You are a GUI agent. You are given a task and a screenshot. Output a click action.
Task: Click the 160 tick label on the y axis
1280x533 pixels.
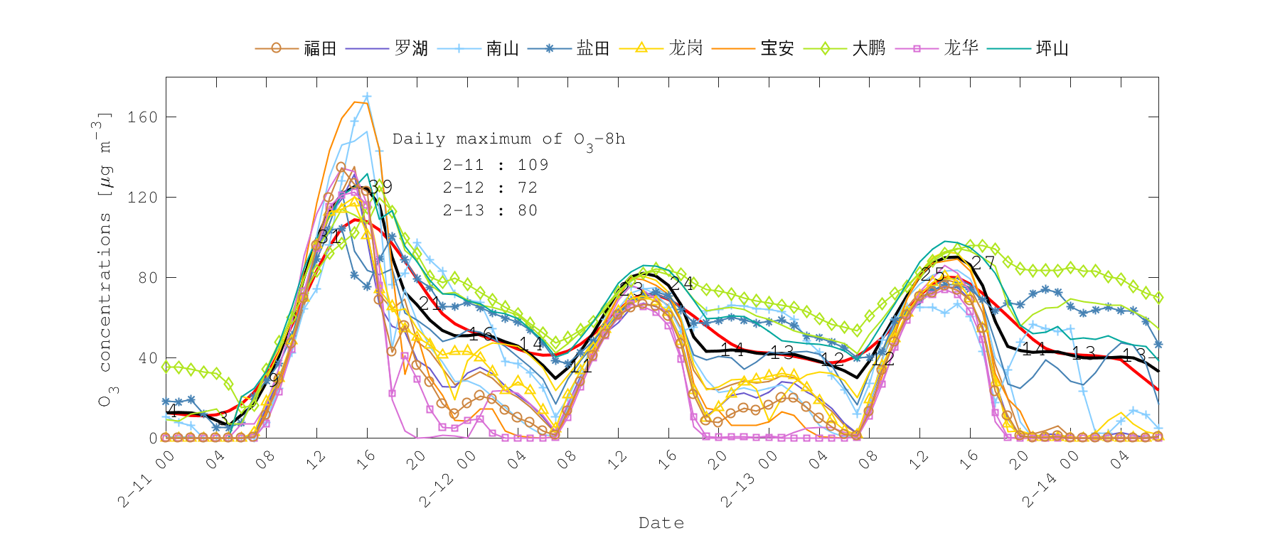point(142,117)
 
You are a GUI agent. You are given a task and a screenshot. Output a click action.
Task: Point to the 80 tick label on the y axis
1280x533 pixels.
point(147,278)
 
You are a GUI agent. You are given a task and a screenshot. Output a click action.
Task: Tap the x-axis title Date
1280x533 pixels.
point(661,523)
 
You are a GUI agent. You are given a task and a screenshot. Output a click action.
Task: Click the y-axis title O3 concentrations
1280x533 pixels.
point(105,259)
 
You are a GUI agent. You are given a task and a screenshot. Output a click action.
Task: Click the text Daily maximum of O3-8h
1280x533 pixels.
point(508,140)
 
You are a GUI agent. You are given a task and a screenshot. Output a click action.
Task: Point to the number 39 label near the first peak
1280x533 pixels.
point(380,187)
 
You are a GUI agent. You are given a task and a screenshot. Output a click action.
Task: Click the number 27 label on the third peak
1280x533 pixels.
point(983,263)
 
